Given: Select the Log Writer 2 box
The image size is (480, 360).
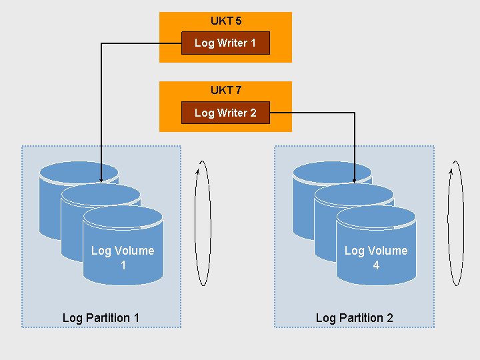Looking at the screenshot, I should [225, 113].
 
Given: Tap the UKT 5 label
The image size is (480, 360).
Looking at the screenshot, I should [225, 21].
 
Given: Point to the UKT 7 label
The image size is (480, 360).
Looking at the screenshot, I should [225, 90].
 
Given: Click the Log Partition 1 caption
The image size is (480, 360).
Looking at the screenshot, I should [101, 317].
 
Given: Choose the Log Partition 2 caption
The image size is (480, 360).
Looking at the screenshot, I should [354, 317].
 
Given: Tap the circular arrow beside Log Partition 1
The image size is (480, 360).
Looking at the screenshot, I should [203, 223].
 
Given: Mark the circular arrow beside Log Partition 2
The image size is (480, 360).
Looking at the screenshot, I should [456, 223].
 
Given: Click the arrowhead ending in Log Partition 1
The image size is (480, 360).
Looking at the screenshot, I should [101, 180].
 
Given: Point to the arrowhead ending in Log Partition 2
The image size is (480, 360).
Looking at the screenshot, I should [354, 180].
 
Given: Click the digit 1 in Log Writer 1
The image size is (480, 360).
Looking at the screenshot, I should [253, 43].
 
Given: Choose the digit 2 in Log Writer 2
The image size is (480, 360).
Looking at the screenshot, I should [253, 113].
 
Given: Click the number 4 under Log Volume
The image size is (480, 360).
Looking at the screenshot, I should [376, 265].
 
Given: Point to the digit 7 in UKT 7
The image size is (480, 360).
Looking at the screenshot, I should [238, 90].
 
